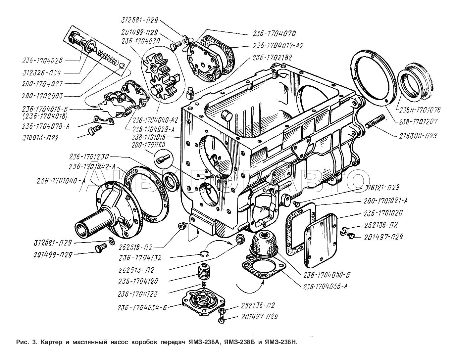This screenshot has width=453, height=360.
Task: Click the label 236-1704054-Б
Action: [x=141, y=308]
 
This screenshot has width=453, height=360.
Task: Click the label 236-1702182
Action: [x=272, y=58]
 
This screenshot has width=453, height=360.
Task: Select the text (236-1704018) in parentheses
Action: [x=45, y=116]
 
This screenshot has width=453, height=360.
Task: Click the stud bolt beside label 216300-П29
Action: [x=375, y=121]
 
